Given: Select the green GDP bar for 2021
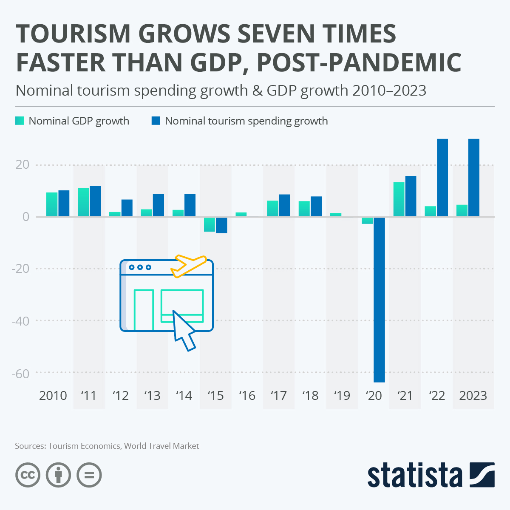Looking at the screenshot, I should [399, 199].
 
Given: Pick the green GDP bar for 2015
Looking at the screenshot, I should [210, 224].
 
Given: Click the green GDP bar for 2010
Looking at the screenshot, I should [52, 204].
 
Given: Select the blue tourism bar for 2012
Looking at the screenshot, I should [127, 208].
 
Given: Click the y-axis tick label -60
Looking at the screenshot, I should [20, 374].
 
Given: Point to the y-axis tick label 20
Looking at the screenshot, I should [23, 165].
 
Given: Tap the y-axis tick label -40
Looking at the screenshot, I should [20, 321].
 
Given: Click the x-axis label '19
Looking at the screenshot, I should [342, 396].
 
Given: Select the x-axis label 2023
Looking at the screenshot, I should [473, 396].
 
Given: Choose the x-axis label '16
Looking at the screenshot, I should [247, 396].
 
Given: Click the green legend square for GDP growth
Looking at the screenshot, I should [20, 121].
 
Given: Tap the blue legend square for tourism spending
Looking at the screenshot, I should [156, 121].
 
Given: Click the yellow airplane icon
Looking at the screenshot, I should [187, 266].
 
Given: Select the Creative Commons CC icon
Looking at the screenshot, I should [28, 475].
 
